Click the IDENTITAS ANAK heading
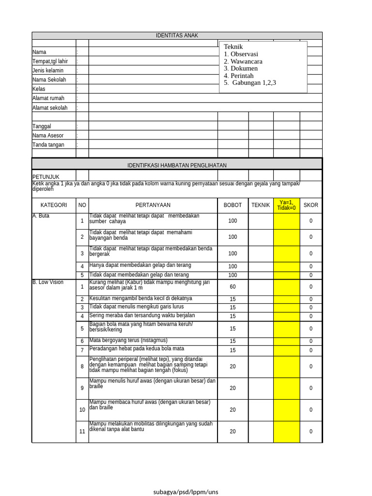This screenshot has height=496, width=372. pyautogui.click(x=177, y=35)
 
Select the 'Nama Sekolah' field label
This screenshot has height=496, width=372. pyautogui.click(x=49, y=80)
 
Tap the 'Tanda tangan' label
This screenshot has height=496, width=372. pyautogui.click(x=48, y=145)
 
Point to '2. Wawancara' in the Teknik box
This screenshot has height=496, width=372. pyautogui.click(x=243, y=62)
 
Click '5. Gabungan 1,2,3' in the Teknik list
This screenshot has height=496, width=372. pyautogui.click(x=250, y=83)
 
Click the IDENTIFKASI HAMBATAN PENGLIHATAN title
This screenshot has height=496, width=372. pyautogui.click(x=177, y=165)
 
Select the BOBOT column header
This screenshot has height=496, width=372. pyautogui.click(x=232, y=205)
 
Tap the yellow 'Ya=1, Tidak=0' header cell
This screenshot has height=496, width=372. pyautogui.click(x=286, y=205)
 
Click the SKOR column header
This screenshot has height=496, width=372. pyautogui.click(x=311, y=205)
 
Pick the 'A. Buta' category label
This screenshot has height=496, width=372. pyautogui.click(x=41, y=216)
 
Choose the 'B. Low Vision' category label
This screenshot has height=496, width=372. pyautogui.click(x=48, y=282)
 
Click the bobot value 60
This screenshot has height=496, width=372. pyautogui.click(x=232, y=287)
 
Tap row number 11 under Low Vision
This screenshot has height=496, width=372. pyautogui.click(x=82, y=432)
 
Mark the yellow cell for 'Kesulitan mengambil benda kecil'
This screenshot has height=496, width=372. pyautogui.click(x=286, y=299)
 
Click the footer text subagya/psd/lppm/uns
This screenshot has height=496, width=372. pyautogui.click(x=186, y=492)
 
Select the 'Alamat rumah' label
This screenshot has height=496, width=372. pyautogui.click(x=48, y=98)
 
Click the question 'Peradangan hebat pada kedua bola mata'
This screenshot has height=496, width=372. pyautogui.click(x=137, y=349)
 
